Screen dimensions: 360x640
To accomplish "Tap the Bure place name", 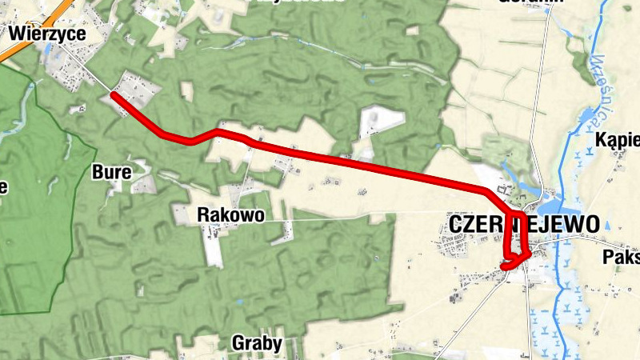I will tap(106, 171).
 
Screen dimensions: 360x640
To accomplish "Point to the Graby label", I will tap(257, 344).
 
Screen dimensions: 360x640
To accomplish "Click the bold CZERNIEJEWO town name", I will tap(523, 225).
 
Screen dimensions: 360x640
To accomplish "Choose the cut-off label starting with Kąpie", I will tap(618, 142).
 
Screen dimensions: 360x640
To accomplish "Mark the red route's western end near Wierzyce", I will tap(114, 95).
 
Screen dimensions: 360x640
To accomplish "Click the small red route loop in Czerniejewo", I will tap(516, 259).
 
